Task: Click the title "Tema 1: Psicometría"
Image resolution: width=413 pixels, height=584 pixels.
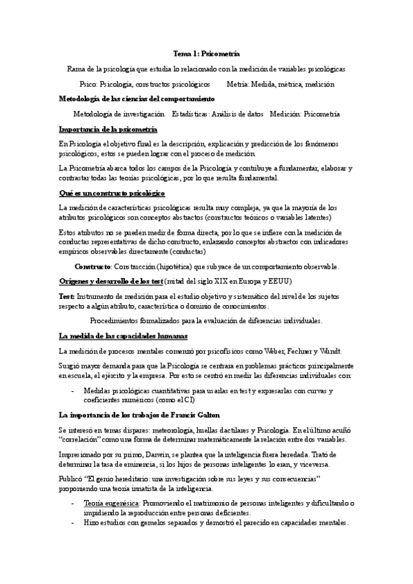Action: pos(206,53)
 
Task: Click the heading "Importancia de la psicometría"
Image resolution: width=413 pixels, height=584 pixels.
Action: pos(108,129)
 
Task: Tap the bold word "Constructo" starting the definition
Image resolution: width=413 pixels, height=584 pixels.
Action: pos(92,266)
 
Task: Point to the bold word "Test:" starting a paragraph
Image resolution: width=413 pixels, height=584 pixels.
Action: pos(68,295)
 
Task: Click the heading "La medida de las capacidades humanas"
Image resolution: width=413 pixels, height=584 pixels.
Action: pos(123,336)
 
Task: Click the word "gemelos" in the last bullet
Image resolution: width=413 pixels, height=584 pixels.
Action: pos(154,523)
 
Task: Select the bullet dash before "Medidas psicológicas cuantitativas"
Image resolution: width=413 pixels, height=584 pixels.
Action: pos(74,390)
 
